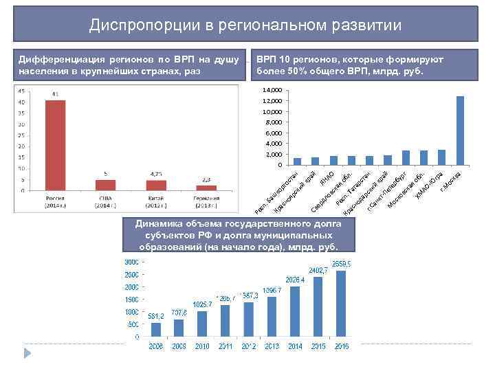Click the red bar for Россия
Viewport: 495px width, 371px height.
pyautogui.click(x=55, y=145)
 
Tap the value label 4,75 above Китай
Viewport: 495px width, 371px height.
pyautogui.click(x=156, y=175)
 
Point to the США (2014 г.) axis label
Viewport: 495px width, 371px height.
pyautogui.click(x=106, y=201)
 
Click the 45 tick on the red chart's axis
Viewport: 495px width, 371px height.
pyautogui.click(x=21, y=91)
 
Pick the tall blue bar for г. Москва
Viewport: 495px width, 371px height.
pyautogui.click(x=460, y=131)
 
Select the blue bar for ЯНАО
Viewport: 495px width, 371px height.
pyautogui.click(x=333, y=160)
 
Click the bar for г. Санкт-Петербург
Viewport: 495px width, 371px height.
pyautogui.click(x=406, y=157)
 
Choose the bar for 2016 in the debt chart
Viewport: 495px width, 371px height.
pyautogui.click(x=342, y=304)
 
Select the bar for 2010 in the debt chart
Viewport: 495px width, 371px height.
pyautogui.click(x=202, y=324)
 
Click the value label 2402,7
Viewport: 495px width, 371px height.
pyautogui.click(x=318, y=271)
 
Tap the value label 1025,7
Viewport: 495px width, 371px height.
pyautogui.click(x=202, y=304)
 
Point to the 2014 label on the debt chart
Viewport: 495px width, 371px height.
pyautogui.click(x=294, y=347)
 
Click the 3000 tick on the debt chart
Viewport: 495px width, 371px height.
pyautogui.click(x=131, y=262)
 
